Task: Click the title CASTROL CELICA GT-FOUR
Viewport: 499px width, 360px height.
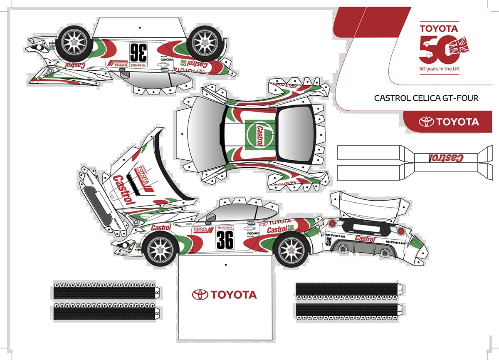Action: click(x=426, y=98)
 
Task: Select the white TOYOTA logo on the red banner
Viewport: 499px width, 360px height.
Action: click(x=449, y=122)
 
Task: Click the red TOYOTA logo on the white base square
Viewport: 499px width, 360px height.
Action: click(x=225, y=295)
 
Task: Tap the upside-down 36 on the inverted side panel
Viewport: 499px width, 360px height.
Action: click(x=138, y=52)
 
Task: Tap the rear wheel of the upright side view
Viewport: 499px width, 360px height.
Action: click(x=291, y=249)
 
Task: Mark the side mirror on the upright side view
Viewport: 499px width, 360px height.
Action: click(x=210, y=218)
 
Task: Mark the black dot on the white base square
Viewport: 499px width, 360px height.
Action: click(x=225, y=265)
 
